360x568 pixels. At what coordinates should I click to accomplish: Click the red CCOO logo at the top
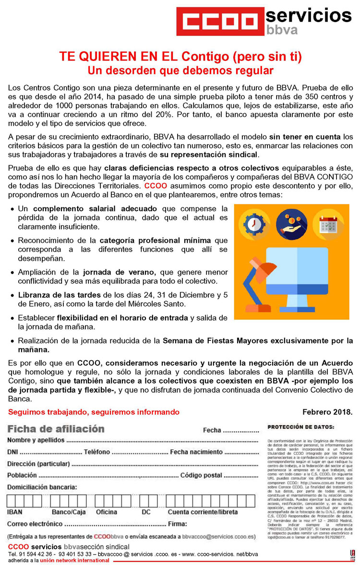click(x=220, y=21)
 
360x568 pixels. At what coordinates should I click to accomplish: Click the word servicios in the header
click(x=309, y=16)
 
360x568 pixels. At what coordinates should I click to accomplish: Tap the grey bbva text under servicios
click(x=282, y=30)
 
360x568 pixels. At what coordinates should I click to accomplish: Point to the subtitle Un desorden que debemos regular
click(x=180, y=70)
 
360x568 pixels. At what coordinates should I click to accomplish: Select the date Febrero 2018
click(x=327, y=412)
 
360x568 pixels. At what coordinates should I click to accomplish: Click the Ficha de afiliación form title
click(x=56, y=428)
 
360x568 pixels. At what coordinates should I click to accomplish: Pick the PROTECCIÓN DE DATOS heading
click(x=301, y=426)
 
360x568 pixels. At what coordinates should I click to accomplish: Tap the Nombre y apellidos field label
click(x=36, y=440)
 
